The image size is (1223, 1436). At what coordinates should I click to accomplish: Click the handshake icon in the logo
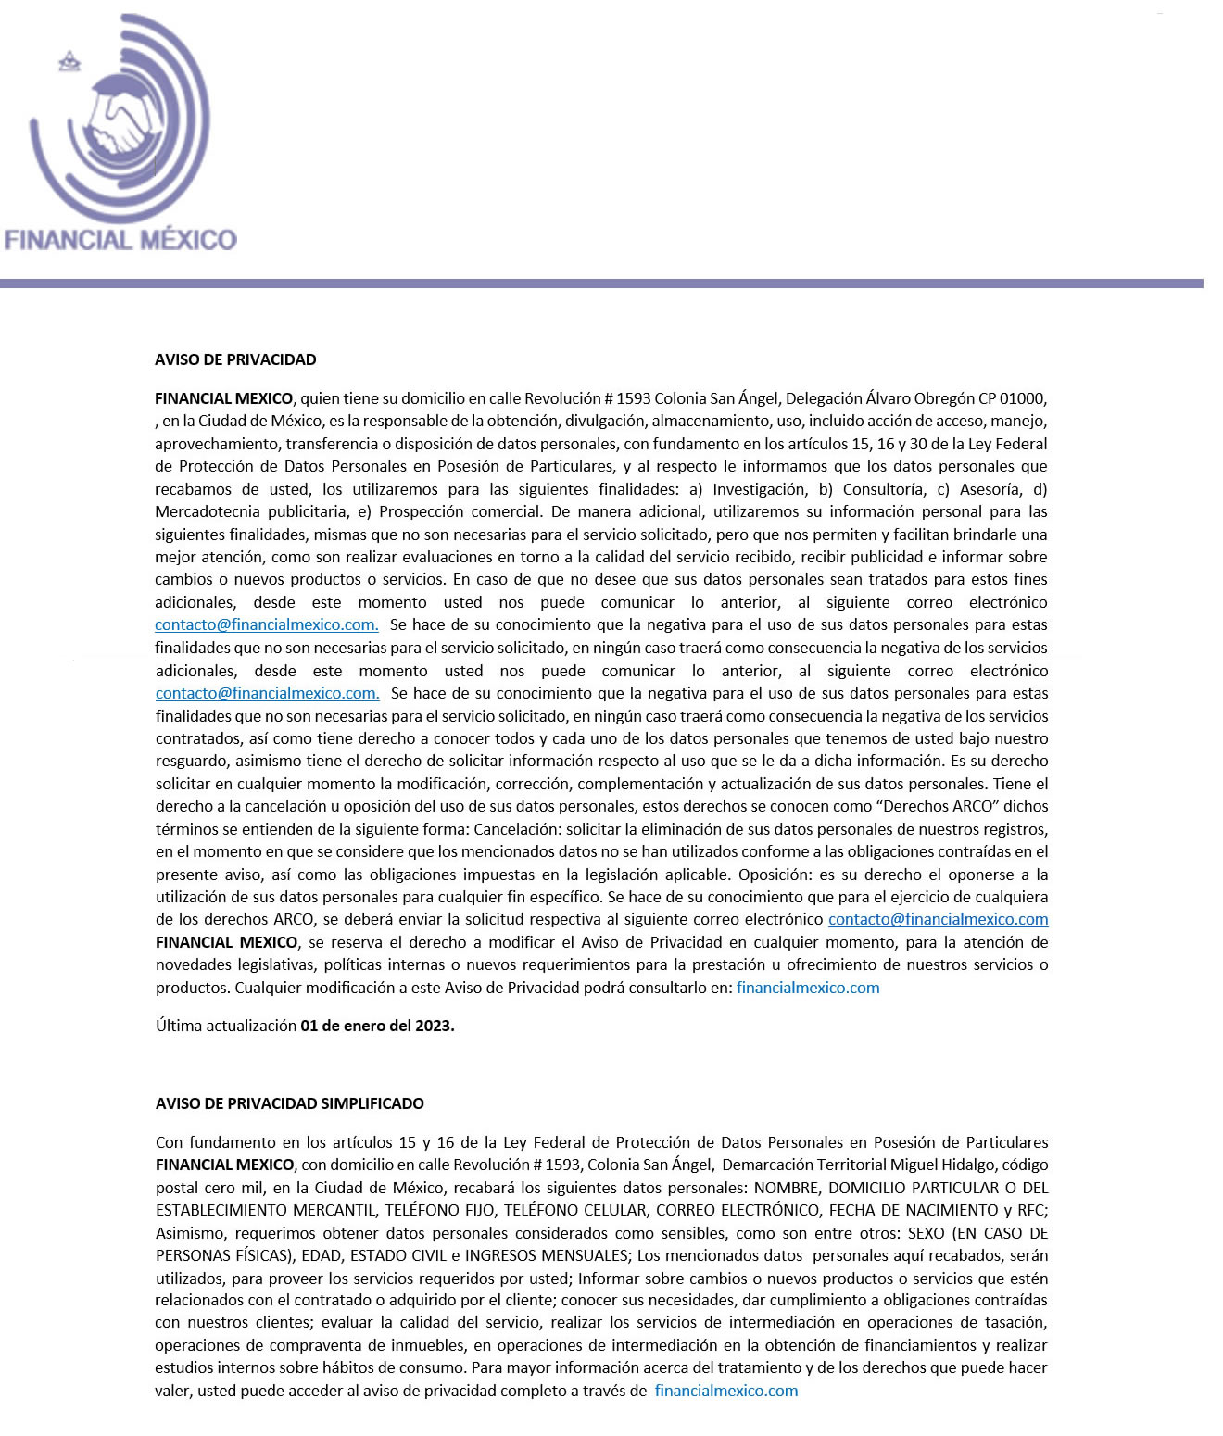coord(119,121)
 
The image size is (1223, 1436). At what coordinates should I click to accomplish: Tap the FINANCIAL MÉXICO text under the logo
coord(120,240)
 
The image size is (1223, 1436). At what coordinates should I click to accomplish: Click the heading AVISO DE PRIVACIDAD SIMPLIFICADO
coord(289,1103)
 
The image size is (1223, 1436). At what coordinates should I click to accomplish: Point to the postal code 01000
coord(1020,399)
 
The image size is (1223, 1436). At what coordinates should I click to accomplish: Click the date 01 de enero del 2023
coord(377,1027)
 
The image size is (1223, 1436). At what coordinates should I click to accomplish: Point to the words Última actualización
coord(225,1027)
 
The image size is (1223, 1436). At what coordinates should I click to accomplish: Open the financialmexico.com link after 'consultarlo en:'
coord(808,988)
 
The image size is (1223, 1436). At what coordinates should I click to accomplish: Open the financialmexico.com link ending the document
coord(726,1391)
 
